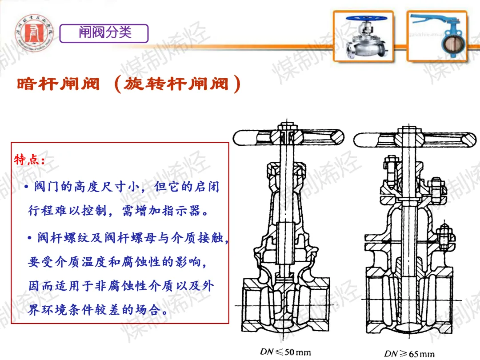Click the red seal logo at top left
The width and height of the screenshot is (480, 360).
[34, 33]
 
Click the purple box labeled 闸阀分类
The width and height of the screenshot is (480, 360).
[104, 33]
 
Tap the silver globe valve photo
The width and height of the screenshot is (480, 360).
[364, 36]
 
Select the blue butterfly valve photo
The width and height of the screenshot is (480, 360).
[437, 36]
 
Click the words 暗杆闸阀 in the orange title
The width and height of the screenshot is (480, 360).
[59, 84]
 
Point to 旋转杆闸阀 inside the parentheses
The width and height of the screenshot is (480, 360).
[176, 84]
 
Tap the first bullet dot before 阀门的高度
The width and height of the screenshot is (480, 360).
[27, 186]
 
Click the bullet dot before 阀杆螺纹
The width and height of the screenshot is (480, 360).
[29, 238]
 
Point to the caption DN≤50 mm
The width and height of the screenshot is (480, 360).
[285, 352]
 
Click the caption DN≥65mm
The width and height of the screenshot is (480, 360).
[409, 354]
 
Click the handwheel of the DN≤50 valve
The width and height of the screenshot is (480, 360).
[288, 137]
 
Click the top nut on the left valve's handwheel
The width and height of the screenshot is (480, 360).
[287, 126]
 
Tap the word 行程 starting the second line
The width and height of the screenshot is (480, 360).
[41, 211]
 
